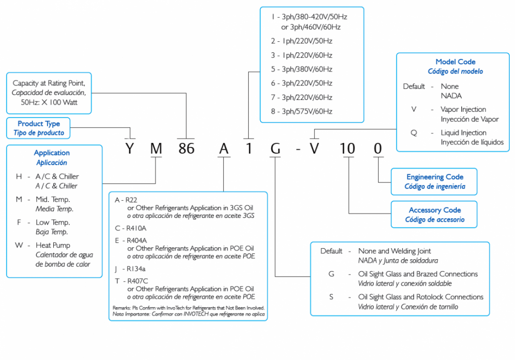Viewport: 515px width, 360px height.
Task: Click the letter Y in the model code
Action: [129, 149]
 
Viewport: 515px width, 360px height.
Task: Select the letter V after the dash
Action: [314, 149]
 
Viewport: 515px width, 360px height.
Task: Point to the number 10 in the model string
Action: [347, 149]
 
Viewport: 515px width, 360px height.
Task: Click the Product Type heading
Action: [39, 124]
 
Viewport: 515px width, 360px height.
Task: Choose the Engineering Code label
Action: [435, 177]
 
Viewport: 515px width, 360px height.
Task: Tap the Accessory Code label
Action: [435, 210]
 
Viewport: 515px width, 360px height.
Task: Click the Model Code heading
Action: [455, 62]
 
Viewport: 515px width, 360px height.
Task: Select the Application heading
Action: [52, 153]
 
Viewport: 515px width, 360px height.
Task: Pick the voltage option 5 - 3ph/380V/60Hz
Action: [301, 69]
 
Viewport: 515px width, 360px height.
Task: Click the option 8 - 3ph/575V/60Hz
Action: [301, 111]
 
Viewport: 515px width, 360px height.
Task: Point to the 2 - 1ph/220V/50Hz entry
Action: [301, 41]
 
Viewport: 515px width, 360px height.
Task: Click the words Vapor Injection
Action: [463, 109]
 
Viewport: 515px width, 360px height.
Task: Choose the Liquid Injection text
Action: [464, 132]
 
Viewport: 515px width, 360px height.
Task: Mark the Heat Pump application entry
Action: [53, 245]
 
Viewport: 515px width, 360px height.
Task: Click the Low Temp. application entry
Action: [53, 222]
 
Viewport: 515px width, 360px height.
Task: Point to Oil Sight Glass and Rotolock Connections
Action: [420, 297]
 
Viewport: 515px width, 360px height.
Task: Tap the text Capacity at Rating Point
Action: [49, 83]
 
